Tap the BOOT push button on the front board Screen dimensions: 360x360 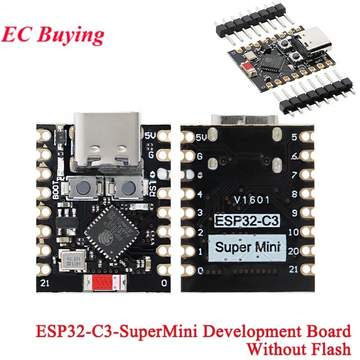[84, 187]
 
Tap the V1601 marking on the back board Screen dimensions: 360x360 [252, 200]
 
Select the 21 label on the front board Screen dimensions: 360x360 [44, 283]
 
